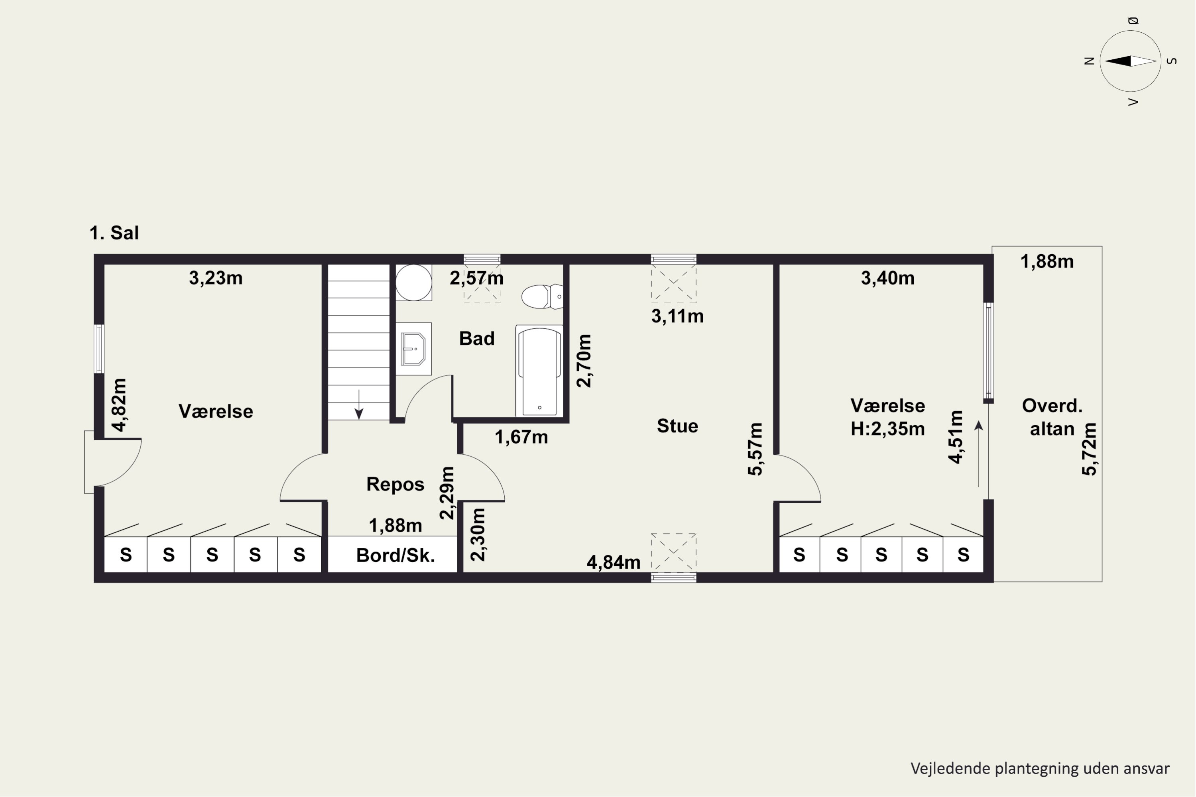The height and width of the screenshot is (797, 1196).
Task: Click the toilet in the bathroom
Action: point(542,296)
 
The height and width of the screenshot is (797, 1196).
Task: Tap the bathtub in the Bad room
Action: point(539,371)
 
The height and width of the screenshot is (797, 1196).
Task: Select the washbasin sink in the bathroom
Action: point(413,349)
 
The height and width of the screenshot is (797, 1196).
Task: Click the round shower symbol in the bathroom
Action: point(413,282)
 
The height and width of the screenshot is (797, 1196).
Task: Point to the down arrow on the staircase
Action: point(359,404)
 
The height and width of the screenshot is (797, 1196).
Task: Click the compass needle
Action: point(1130,61)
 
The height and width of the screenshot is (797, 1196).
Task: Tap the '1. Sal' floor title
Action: point(114,233)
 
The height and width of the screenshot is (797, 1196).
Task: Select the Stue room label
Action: point(677,426)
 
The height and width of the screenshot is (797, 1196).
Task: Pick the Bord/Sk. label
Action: point(395,555)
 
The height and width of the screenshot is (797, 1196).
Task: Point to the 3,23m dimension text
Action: point(216,278)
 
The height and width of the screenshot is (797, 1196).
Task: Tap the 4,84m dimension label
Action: point(613,562)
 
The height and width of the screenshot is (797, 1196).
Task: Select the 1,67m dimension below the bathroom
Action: point(521,437)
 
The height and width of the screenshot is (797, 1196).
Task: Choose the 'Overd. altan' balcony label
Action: point(1052,417)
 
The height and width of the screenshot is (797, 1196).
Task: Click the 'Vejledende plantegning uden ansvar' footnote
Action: point(1040,769)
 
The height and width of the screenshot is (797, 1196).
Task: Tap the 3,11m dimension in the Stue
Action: point(677,316)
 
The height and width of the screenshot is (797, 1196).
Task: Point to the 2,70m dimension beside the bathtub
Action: point(584,361)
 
